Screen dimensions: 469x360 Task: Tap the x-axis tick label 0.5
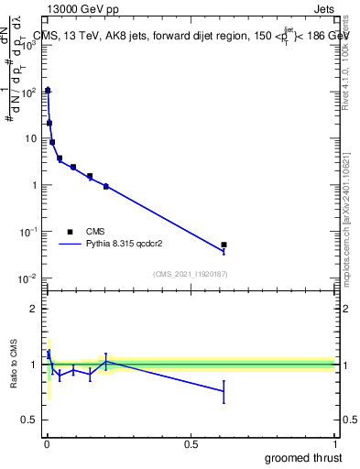pyautogui.click(x=191, y=444)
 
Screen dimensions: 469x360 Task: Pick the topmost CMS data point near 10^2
pyautogui.click(x=48, y=91)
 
